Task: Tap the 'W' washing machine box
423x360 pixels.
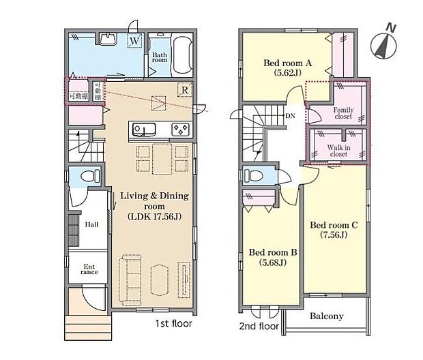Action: click(134, 40)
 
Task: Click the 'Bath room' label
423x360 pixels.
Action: click(160, 57)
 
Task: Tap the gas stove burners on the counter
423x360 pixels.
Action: click(179, 129)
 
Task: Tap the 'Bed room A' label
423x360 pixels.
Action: click(288, 66)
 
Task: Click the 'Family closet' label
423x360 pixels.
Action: click(343, 112)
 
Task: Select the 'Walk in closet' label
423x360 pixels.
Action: click(338, 150)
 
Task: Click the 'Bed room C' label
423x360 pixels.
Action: click(334, 229)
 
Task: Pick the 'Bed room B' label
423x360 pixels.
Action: click(273, 256)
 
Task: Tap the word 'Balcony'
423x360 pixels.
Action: click(326, 316)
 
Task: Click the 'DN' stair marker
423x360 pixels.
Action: click(290, 115)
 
